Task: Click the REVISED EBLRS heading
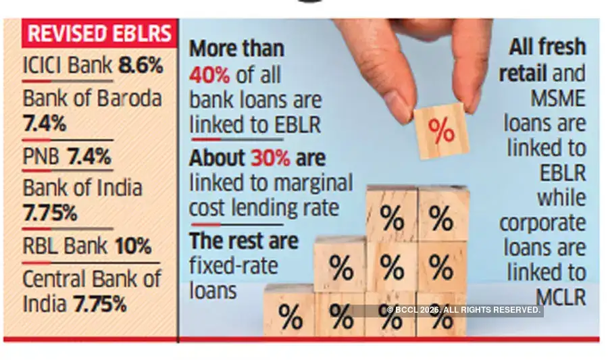(x=100, y=33)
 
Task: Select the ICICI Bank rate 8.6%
(x=141, y=66)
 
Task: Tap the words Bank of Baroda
(x=93, y=98)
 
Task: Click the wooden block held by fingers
(x=441, y=131)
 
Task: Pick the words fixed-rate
(x=233, y=265)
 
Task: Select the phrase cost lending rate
(x=263, y=207)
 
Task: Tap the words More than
(x=236, y=49)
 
